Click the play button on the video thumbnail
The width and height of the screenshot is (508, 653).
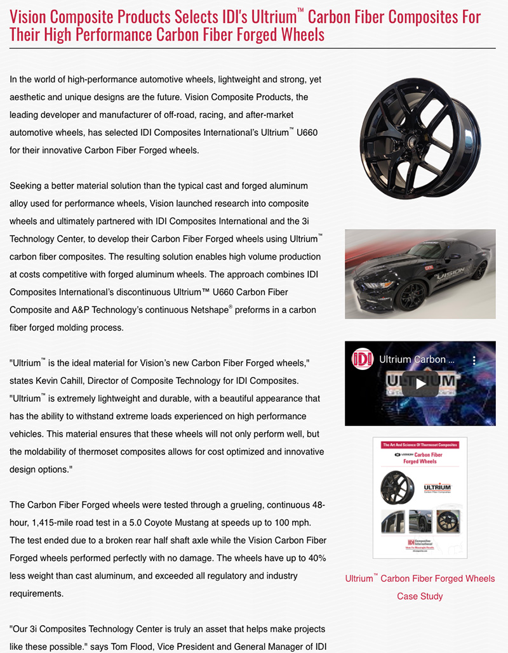[420, 383]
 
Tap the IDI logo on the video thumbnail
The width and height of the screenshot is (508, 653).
[363, 359]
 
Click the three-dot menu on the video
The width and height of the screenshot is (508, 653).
[474, 360]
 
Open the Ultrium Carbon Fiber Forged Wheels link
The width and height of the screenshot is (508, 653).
[420, 578]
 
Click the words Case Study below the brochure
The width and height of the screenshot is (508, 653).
[420, 596]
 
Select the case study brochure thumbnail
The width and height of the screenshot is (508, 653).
[419, 498]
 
